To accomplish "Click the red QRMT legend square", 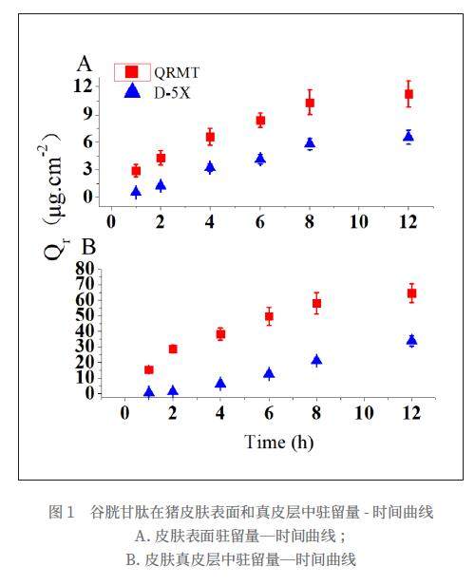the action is (x=132, y=72).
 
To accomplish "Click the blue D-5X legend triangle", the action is (x=132, y=91).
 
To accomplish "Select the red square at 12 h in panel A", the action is (x=408, y=94).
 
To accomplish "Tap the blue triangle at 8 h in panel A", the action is (x=310, y=142).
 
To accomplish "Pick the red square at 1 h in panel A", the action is (x=136, y=171).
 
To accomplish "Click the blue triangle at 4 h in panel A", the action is (x=211, y=167).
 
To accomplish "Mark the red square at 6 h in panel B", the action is (x=269, y=316).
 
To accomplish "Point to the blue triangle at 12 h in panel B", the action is (x=411, y=340).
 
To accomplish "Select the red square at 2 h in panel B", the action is (x=173, y=349).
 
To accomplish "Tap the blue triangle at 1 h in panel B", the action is (x=149, y=391).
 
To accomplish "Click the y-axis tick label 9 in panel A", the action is (x=87, y=114).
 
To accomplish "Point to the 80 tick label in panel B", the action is (x=85, y=268).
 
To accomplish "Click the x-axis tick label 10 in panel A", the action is (x=359, y=221).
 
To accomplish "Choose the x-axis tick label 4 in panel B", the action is (x=220, y=413).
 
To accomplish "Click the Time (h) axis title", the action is (x=278, y=443).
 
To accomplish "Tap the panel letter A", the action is (x=85, y=64).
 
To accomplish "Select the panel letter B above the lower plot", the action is (x=88, y=247).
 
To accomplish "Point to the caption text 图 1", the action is (x=62, y=512).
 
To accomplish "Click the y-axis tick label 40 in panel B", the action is (x=85, y=330).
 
